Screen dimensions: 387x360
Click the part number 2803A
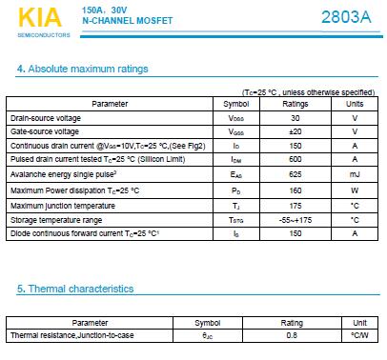346,18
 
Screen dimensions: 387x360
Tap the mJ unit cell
355,175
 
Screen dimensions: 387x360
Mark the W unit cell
355,190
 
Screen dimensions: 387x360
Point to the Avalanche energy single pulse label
63,175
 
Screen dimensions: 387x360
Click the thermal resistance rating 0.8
292,335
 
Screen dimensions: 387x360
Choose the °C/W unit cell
358,335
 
